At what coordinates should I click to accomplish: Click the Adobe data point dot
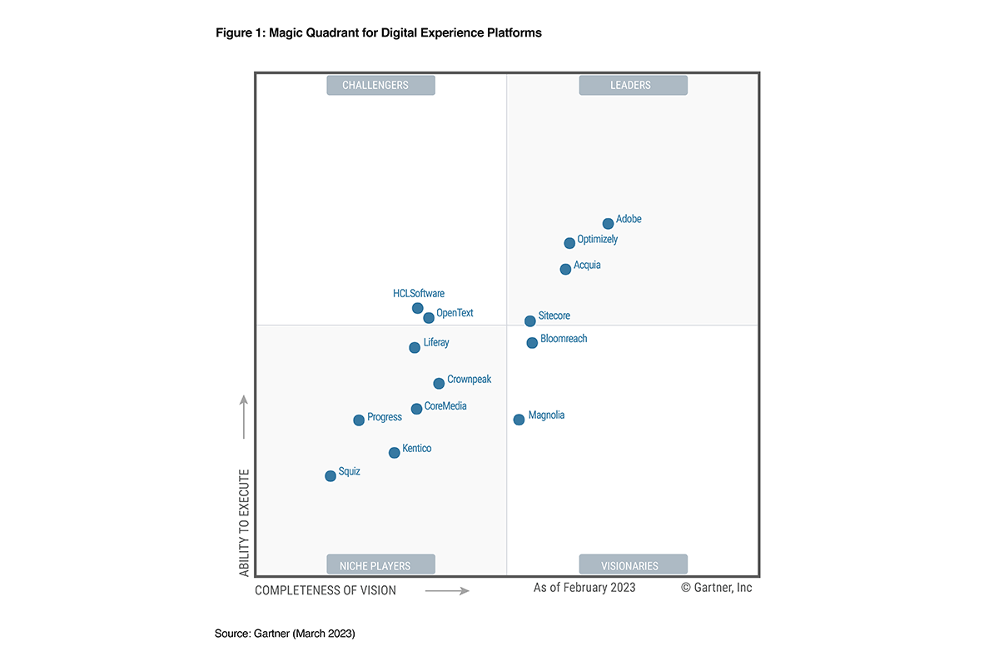click(x=609, y=223)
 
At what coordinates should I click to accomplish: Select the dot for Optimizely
click(x=569, y=243)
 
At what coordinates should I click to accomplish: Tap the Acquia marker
click(x=566, y=269)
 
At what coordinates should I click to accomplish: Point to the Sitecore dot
click(x=530, y=321)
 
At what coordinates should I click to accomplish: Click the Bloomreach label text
click(x=564, y=339)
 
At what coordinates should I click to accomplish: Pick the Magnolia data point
click(x=519, y=420)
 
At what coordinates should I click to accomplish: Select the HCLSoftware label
click(x=419, y=293)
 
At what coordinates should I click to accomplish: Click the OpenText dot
click(x=429, y=317)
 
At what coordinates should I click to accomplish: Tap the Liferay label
click(x=436, y=342)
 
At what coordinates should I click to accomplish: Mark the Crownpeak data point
click(x=439, y=384)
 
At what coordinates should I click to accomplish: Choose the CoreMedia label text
click(x=445, y=406)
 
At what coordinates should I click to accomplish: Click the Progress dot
click(x=359, y=420)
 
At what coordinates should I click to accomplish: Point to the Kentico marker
click(x=395, y=453)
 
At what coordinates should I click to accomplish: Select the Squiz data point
click(x=331, y=476)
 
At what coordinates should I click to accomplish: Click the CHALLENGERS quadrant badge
click(x=380, y=85)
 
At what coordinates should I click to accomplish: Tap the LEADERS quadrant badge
click(x=634, y=85)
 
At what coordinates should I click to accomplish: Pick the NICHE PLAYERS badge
click(x=380, y=565)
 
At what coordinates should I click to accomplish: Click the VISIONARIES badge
click(x=634, y=565)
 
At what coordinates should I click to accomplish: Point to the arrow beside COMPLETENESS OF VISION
click(x=447, y=591)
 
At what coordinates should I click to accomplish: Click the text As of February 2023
click(x=584, y=588)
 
